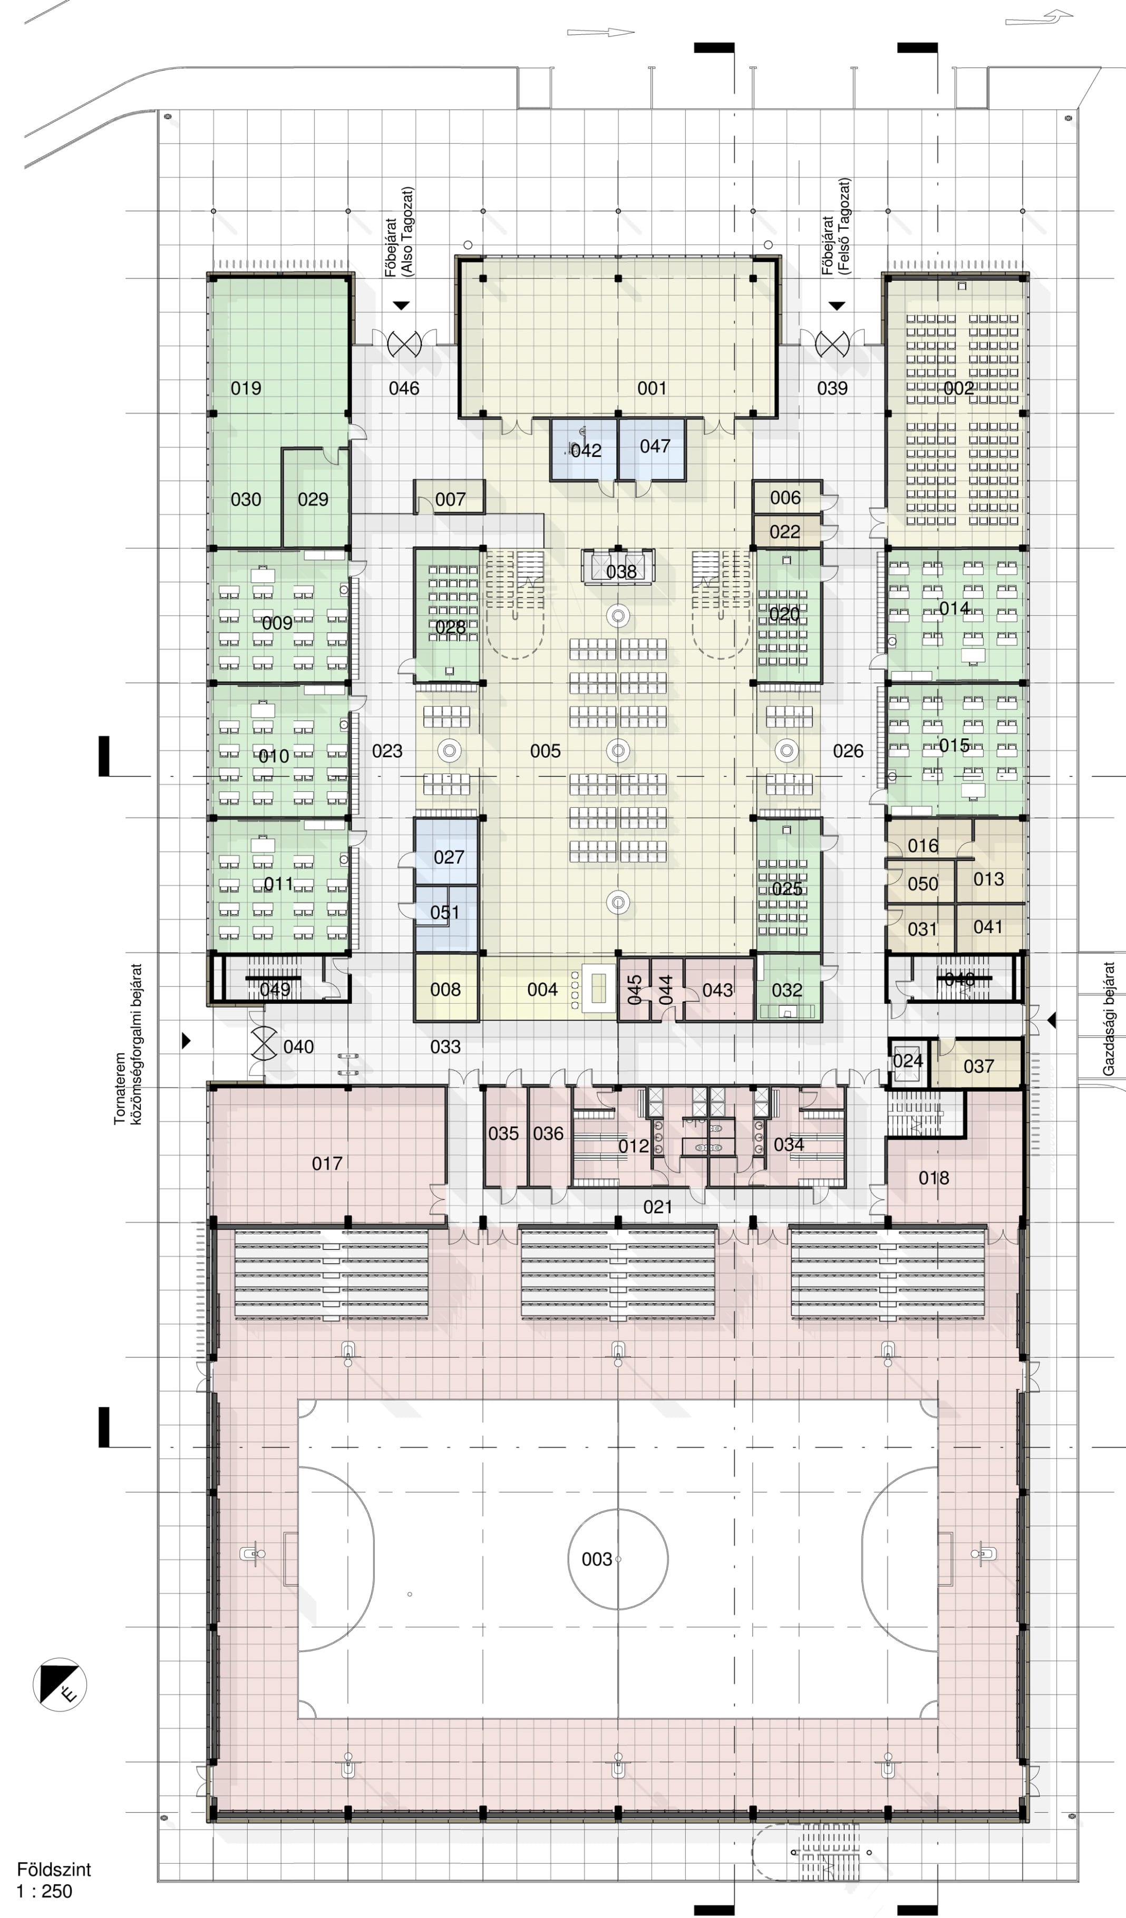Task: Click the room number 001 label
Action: click(652, 388)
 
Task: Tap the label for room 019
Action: click(246, 388)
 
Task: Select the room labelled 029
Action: click(313, 500)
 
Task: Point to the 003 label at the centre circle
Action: click(597, 1560)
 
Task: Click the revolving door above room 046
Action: click(404, 344)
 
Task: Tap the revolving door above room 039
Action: click(832, 344)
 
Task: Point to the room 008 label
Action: click(445, 990)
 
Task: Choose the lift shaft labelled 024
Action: click(908, 1061)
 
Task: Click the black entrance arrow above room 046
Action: click(401, 306)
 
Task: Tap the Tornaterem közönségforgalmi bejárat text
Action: click(128, 1044)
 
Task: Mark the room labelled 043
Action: click(717, 990)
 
